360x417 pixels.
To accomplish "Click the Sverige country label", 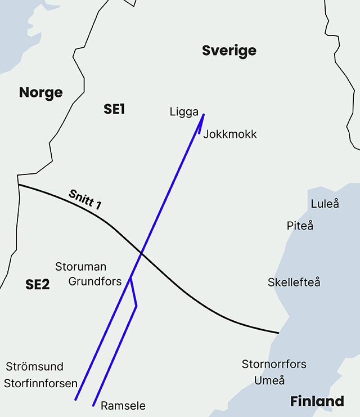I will [x=229, y=51].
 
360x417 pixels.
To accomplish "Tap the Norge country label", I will [x=40, y=93].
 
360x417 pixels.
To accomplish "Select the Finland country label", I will [x=317, y=402].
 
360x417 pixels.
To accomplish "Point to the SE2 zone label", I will [x=38, y=285].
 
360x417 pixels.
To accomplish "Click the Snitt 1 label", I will [x=85, y=200].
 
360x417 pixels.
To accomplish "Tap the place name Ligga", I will [x=184, y=112].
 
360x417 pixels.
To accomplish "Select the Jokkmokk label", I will [x=230, y=134].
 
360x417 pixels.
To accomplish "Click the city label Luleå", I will [x=325, y=204].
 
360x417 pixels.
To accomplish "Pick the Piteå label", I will [x=300, y=226].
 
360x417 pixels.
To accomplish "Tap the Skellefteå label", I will [x=294, y=282].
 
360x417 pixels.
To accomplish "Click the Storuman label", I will [x=80, y=267].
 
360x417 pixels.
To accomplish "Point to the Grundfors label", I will [x=95, y=281].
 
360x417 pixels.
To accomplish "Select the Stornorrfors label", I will [x=274, y=364].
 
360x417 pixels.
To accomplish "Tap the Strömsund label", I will [x=35, y=367].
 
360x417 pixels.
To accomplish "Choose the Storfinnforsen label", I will [x=40, y=384].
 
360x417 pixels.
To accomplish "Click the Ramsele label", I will [x=123, y=406].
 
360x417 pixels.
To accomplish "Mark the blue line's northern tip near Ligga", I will [x=203, y=115].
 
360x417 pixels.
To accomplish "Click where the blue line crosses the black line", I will [x=141, y=254].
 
